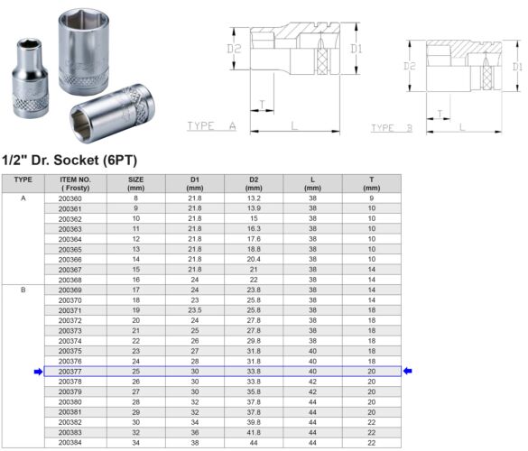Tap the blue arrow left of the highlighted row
click(x=38, y=371)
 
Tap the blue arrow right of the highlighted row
click(x=408, y=371)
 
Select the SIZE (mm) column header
click(x=136, y=183)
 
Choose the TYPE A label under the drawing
click(x=210, y=126)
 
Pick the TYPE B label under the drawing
click(x=392, y=128)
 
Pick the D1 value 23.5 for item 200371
click(x=195, y=309)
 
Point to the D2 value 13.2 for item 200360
click(x=255, y=198)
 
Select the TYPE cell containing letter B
click(x=23, y=290)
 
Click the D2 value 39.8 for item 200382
click(x=255, y=422)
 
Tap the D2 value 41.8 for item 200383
click(x=255, y=432)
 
